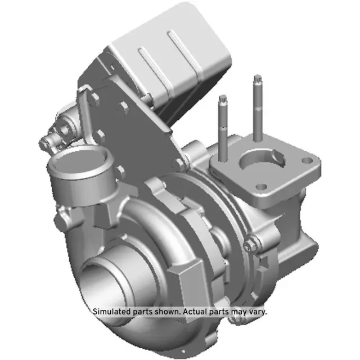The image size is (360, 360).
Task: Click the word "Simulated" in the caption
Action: click(111, 310)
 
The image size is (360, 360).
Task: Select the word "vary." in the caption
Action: click(258, 310)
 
